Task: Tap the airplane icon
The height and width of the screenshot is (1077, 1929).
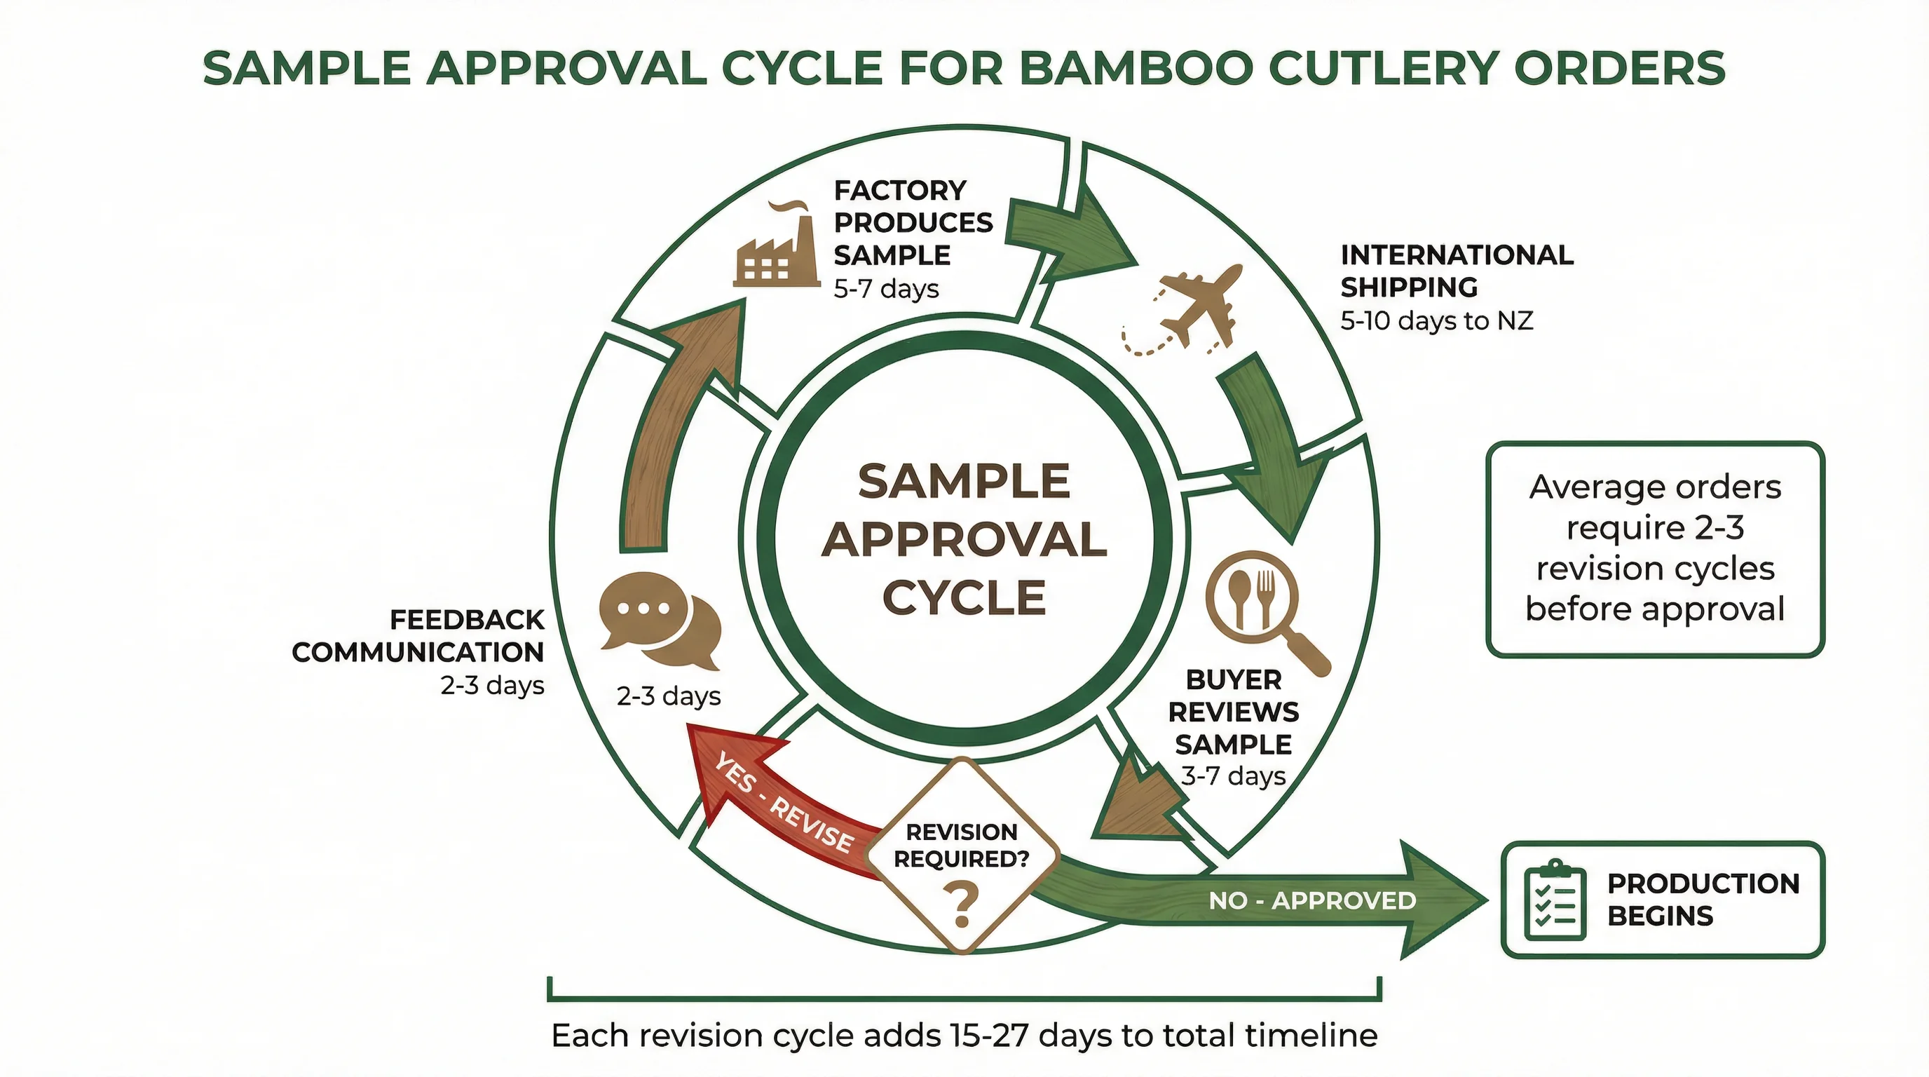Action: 1191,307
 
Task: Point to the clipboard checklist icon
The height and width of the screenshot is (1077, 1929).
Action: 1555,900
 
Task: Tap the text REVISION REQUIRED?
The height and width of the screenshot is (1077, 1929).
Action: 962,845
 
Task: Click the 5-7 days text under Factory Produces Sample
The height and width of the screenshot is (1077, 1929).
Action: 886,289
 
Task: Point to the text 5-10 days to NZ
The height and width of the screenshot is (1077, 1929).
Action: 1436,321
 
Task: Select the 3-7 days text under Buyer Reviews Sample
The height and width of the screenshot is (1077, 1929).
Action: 1234,776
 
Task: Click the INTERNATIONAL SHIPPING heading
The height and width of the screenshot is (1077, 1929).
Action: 1456,271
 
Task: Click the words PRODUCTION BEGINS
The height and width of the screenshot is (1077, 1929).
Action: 1702,900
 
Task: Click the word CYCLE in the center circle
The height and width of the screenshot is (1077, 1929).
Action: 964,598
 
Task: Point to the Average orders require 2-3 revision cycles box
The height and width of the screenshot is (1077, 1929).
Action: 1655,549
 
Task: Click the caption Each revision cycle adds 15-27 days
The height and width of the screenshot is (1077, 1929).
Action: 964,1036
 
